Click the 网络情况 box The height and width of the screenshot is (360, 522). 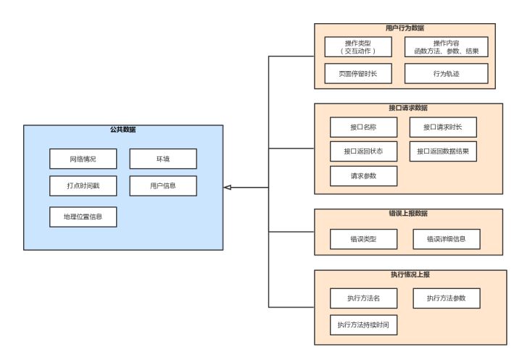click(x=83, y=159)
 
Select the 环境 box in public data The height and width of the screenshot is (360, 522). click(x=163, y=159)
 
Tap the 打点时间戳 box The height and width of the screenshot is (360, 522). click(x=83, y=185)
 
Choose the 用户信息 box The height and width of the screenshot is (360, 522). click(x=163, y=185)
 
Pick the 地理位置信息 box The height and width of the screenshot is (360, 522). click(x=83, y=217)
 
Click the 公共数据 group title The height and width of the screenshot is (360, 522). click(x=123, y=130)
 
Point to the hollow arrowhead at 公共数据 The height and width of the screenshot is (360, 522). click(x=228, y=188)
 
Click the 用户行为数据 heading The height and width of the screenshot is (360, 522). click(x=405, y=28)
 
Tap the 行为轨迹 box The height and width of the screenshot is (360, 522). click(x=446, y=73)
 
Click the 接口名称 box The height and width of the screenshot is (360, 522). click(x=363, y=127)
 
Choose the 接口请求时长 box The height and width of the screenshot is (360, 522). click(x=443, y=127)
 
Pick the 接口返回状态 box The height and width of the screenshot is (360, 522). click(x=363, y=152)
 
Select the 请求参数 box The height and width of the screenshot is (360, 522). click(x=363, y=176)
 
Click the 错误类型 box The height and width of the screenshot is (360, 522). click(x=363, y=239)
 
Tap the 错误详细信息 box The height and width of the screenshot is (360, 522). click(x=446, y=239)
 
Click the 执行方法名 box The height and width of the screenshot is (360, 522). click(x=363, y=298)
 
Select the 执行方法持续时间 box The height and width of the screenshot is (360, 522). click(x=363, y=325)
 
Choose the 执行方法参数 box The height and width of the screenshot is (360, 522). click(x=446, y=298)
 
